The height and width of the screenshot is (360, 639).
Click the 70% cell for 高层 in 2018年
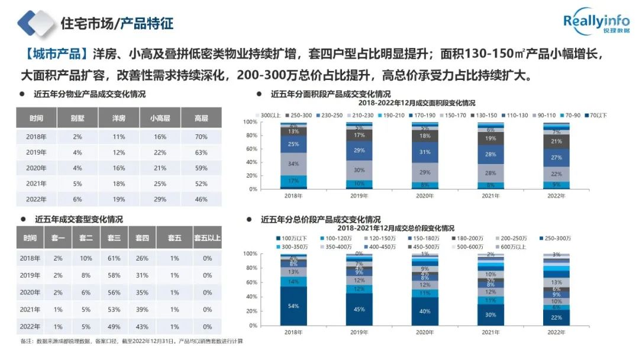coord(201,137)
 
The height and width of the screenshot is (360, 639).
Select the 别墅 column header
coord(77,118)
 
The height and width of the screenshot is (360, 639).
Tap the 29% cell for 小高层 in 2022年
coord(160,199)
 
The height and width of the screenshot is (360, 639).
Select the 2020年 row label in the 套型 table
coord(30,292)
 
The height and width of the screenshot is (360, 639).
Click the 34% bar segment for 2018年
coord(293,163)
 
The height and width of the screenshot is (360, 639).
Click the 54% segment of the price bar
coord(293,306)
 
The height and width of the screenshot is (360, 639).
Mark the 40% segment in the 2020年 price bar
coord(425,311)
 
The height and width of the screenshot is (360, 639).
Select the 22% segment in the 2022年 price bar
coord(557,317)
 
